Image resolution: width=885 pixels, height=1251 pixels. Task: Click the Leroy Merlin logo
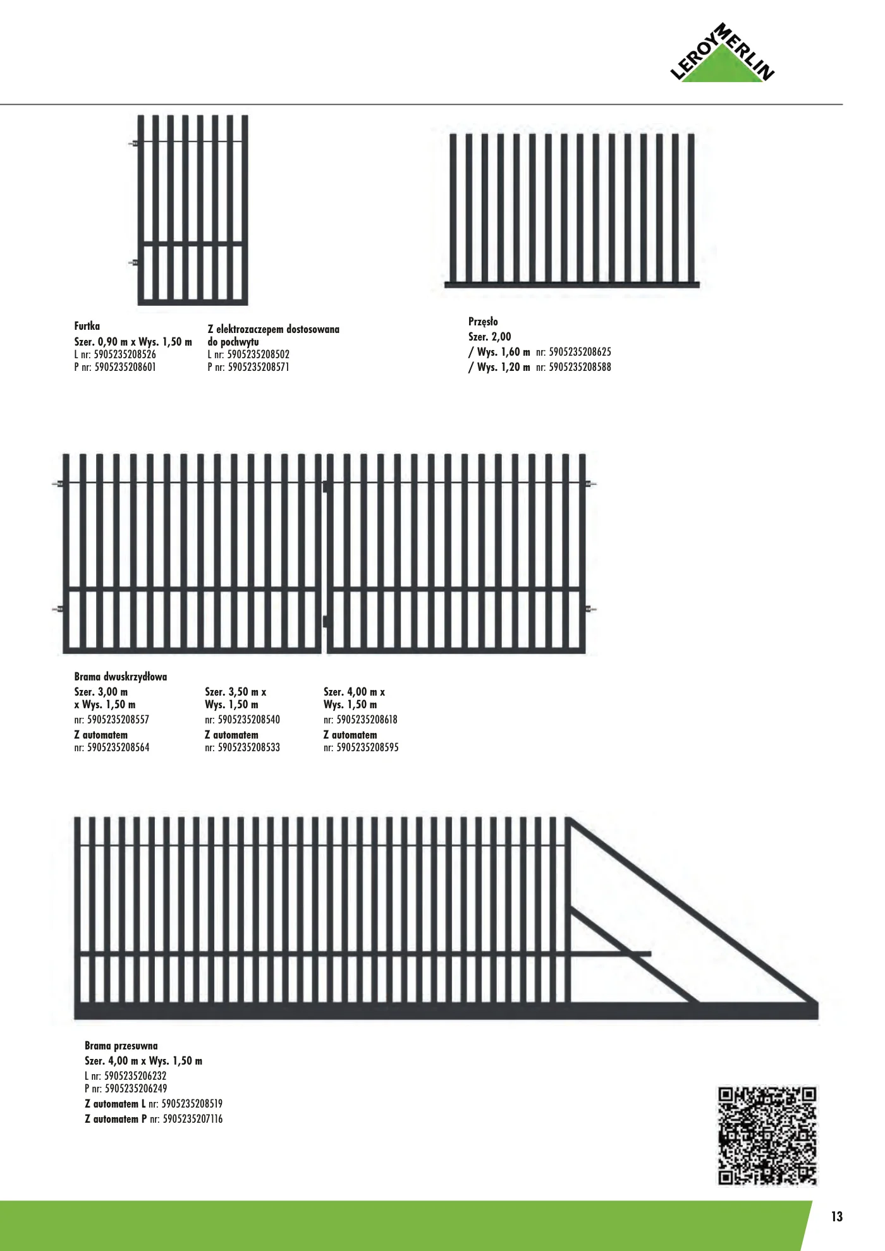coord(723,55)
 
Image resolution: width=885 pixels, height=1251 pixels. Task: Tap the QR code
coord(767,1135)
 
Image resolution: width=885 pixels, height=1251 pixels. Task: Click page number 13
coord(836,1216)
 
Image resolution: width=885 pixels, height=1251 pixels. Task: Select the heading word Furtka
coord(87,326)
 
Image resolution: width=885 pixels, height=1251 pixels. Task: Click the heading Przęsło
coord(483,322)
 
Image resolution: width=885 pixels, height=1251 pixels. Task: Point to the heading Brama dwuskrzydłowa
coord(120,677)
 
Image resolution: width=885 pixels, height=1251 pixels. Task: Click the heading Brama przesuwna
coord(121,1046)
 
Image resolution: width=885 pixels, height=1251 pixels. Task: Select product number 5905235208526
coord(125,354)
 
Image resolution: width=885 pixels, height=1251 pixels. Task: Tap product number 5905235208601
coord(125,367)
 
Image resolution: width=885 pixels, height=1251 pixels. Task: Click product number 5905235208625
coord(580,352)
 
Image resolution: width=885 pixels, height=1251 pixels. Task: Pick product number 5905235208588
coord(580,367)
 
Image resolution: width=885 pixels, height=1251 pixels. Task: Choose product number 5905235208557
coord(118,720)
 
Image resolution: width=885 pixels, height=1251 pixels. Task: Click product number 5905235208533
coord(248,747)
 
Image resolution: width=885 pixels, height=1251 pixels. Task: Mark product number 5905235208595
coord(367,747)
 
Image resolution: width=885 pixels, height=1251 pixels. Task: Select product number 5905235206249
coord(136,1089)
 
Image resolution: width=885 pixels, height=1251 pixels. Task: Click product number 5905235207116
coord(193,1119)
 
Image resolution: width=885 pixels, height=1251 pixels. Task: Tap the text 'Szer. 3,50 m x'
coord(235,692)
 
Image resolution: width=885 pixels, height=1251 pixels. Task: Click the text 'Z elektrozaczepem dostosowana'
coord(273,329)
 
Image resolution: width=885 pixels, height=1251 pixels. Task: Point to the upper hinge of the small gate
coord(133,144)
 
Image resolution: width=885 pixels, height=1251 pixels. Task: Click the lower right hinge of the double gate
coord(591,610)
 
